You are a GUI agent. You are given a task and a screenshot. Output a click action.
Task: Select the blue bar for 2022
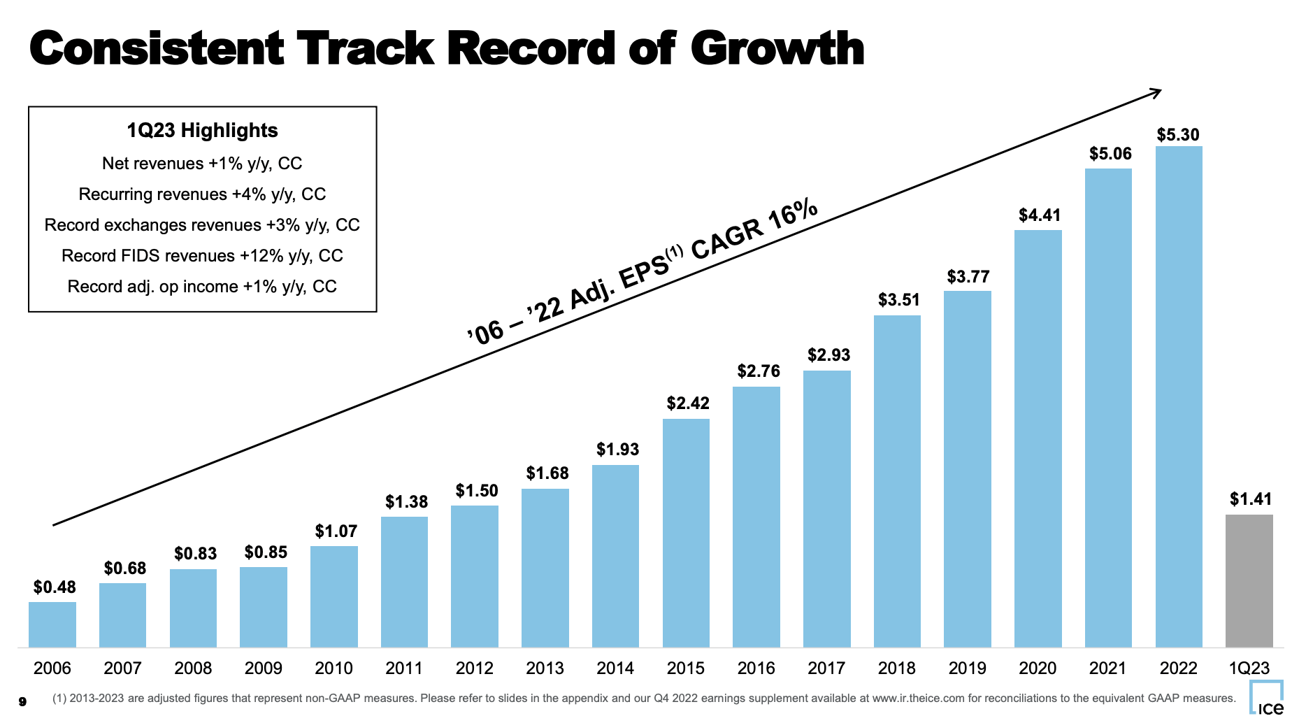click(1179, 396)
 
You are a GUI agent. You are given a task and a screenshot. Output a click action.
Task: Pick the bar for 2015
click(686, 533)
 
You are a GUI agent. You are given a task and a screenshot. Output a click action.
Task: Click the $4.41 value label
click(1039, 215)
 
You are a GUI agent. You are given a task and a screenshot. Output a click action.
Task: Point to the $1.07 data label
click(336, 531)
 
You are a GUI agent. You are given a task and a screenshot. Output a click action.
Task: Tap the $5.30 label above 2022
click(1178, 135)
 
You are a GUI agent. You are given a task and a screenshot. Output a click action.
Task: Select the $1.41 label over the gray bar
click(1250, 499)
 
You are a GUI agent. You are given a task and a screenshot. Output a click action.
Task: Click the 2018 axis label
click(897, 668)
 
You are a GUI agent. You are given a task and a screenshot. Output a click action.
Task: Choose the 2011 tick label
click(404, 668)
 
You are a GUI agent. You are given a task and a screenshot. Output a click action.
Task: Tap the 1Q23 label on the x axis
click(1249, 668)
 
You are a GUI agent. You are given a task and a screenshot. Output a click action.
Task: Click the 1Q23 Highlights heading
click(202, 131)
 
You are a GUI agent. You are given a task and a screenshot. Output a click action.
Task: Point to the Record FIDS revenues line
click(202, 256)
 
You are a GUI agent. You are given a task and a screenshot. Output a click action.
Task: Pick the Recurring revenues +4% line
click(202, 194)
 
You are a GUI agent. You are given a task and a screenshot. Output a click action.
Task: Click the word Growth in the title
click(777, 49)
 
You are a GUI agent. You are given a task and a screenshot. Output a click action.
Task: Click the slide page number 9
click(22, 701)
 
